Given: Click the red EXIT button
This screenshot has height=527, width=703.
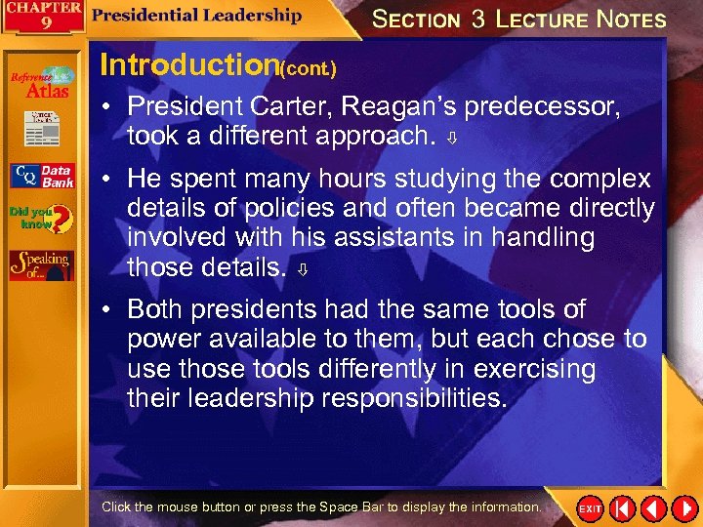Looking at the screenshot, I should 590,509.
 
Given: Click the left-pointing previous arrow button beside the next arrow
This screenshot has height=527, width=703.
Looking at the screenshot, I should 652,509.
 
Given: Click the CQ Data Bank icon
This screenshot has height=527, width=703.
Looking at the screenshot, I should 41,177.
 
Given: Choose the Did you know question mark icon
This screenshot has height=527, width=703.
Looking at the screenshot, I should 41,217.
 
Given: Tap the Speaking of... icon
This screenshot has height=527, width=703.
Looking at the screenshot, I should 41,264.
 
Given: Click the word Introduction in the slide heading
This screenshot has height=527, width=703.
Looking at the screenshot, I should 189,65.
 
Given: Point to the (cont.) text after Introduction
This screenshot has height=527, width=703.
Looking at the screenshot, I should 309,69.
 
